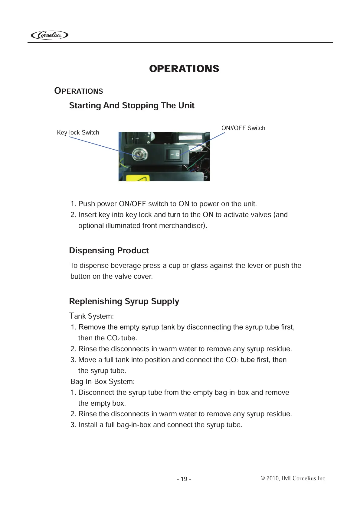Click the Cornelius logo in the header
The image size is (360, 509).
coord(50,35)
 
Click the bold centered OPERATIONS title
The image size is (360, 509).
coord(184,69)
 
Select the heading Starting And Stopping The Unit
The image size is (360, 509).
coord(132,105)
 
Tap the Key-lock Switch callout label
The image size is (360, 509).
coord(78,132)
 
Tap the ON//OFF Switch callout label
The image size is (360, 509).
coord(243,128)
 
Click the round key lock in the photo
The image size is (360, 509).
coord(139,154)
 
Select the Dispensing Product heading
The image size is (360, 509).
coord(109,251)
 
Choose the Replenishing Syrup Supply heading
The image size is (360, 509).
coord(124,301)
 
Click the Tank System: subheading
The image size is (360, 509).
coord(92,316)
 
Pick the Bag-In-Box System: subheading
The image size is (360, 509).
coord(103,381)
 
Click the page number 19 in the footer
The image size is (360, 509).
coord(184,479)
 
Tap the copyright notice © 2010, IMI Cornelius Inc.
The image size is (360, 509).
coord(293,478)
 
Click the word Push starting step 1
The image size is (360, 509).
coord(87,204)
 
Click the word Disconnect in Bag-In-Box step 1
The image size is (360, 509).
coord(96,392)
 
